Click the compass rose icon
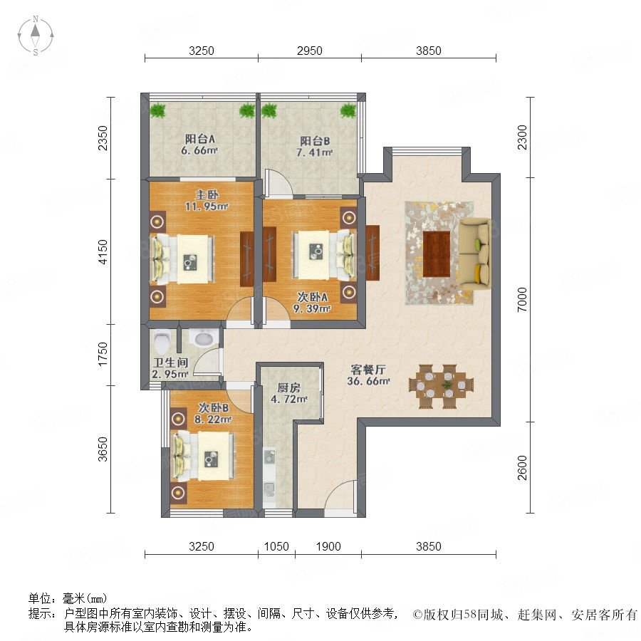point(36,36)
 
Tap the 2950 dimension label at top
point(310,51)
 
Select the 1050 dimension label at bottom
point(276,546)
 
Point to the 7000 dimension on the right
point(523,300)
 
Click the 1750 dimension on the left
point(103,354)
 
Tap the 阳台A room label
point(200,139)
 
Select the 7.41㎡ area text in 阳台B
point(314,153)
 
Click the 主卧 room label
point(207,194)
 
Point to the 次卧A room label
point(312,297)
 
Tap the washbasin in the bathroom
point(203,338)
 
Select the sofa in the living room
point(474,254)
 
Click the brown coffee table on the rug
point(436,254)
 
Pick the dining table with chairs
point(441,386)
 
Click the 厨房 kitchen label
point(288,387)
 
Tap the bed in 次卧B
point(203,457)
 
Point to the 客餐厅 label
point(368,370)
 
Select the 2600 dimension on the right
point(523,468)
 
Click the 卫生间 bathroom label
point(170,363)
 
